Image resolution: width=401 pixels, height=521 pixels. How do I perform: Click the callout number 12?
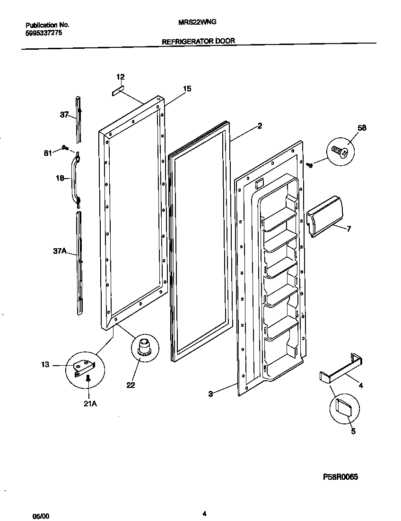pyautogui.click(x=121, y=77)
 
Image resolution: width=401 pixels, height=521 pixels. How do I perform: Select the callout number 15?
pyautogui.click(x=187, y=89)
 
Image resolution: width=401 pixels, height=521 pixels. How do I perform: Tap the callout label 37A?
pyautogui.click(x=60, y=252)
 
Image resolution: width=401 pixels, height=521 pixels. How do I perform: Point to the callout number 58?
pyautogui.click(x=362, y=128)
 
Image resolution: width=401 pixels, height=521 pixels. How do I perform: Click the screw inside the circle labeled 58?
pyautogui.click(x=340, y=152)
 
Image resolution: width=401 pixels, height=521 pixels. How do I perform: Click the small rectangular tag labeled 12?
pyautogui.click(x=118, y=90)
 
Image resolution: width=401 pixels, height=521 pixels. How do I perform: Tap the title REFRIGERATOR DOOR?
pyautogui.click(x=198, y=41)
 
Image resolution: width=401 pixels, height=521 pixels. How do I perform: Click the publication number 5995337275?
pyautogui.click(x=43, y=33)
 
